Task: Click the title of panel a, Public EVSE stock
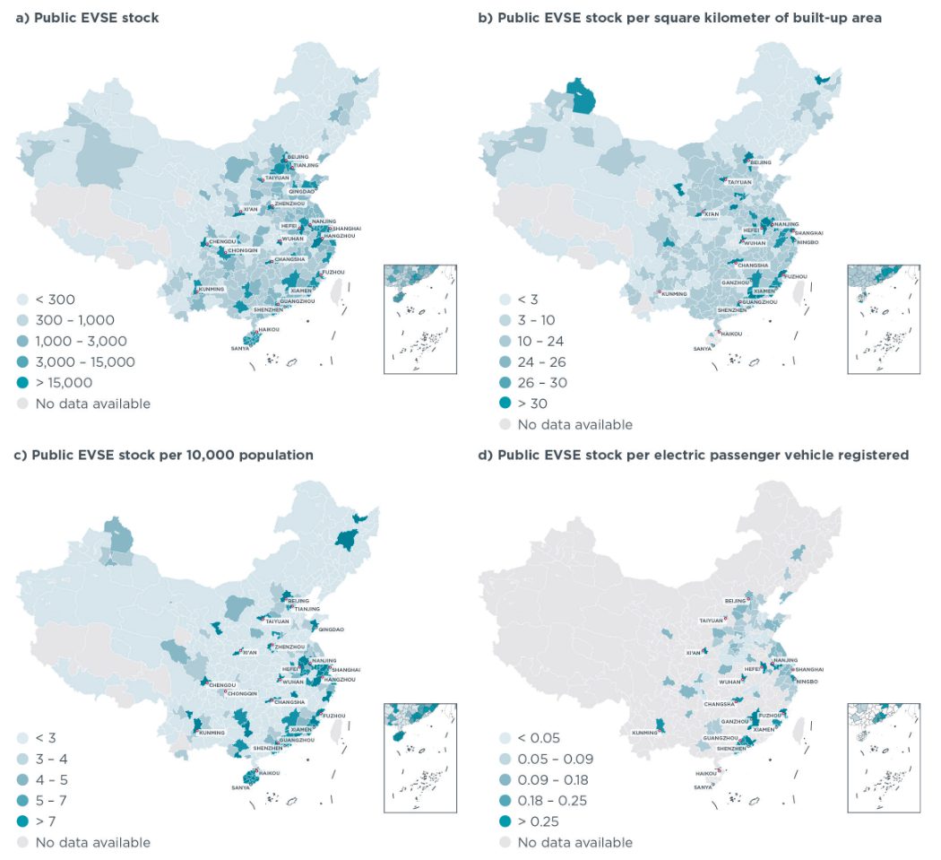click(87, 18)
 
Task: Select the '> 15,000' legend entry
click(64, 383)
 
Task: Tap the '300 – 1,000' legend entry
click(74, 320)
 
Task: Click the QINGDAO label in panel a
click(302, 192)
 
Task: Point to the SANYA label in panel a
click(240, 348)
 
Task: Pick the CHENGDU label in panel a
click(221, 242)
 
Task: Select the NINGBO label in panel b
click(809, 241)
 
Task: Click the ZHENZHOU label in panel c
click(289, 647)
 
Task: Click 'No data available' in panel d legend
click(574, 842)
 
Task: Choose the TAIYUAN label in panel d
click(710, 620)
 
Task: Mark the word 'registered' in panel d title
click(873, 455)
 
